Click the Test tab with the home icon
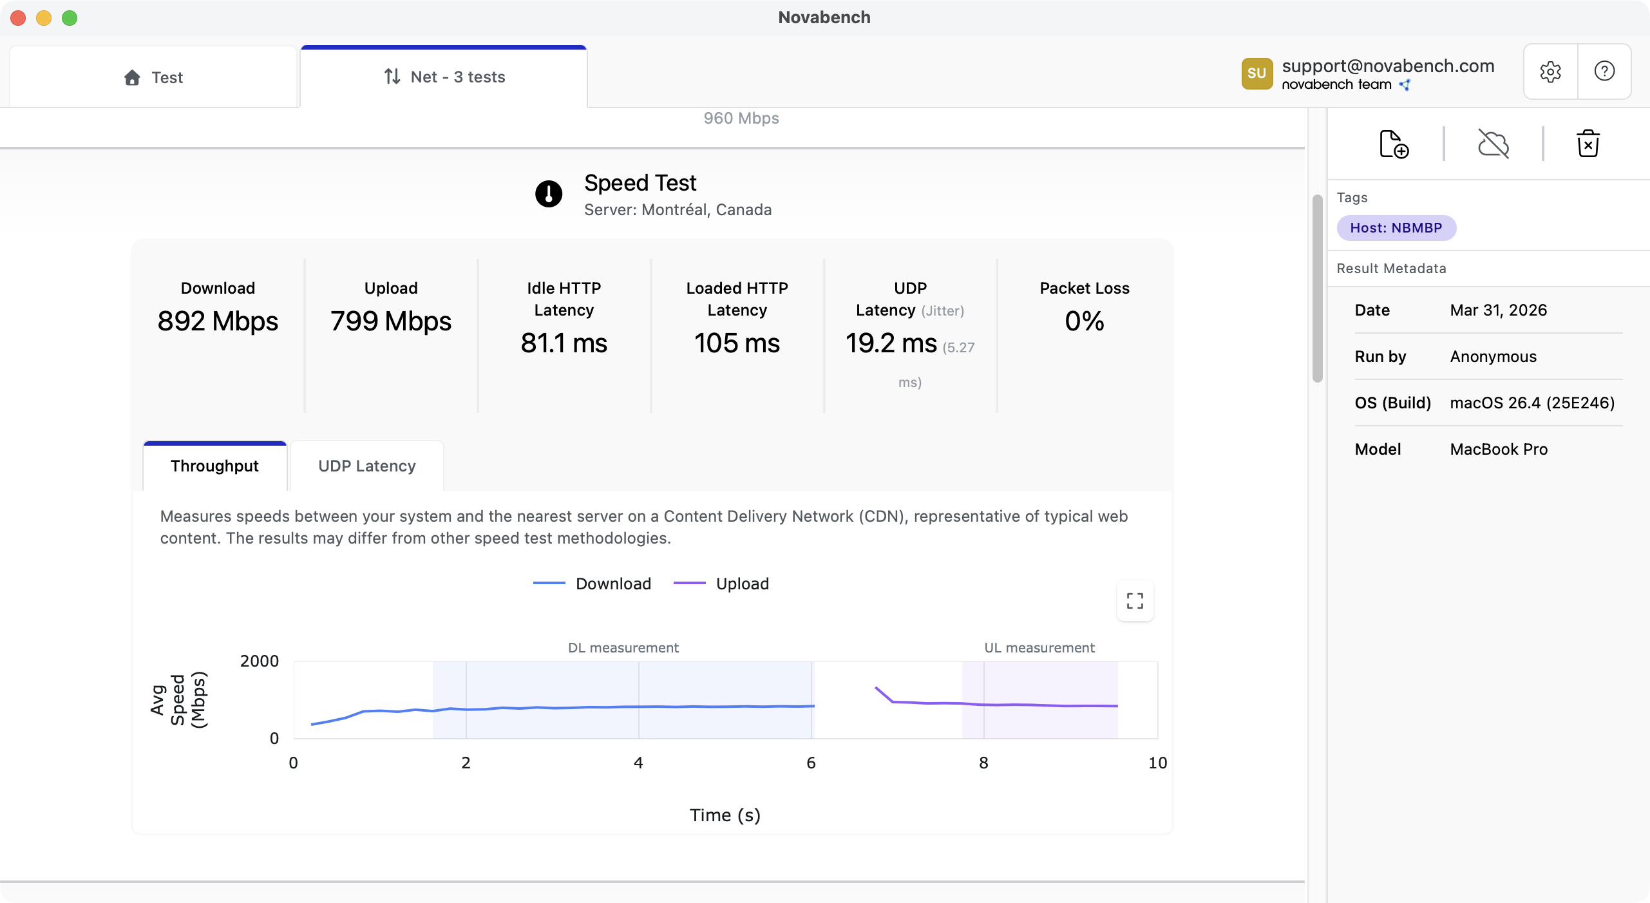(x=153, y=77)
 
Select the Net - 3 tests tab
(x=444, y=77)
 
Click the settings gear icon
(x=1550, y=71)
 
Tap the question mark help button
(x=1604, y=71)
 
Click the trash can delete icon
(x=1588, y=144)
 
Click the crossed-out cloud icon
(x=1493, y=144)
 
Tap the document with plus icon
(x=1394, y=144)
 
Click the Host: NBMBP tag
(x=1396, y=228)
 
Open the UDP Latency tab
(x=366, y=466)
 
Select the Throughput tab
(x=214, y=466)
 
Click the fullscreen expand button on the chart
(x=1135, y=601)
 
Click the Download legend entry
(x=593, y=584)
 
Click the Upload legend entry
(x=721, y=584)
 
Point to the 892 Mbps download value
(x=218, y=321)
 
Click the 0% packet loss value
(x=1084, y=321)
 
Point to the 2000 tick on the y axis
(x=259, y=661)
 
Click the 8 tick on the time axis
(x=983, y=763)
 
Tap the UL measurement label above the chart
(x=1039, y=648)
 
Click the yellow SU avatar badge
(x=1256, y=73)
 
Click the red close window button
(x=18, y=18)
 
